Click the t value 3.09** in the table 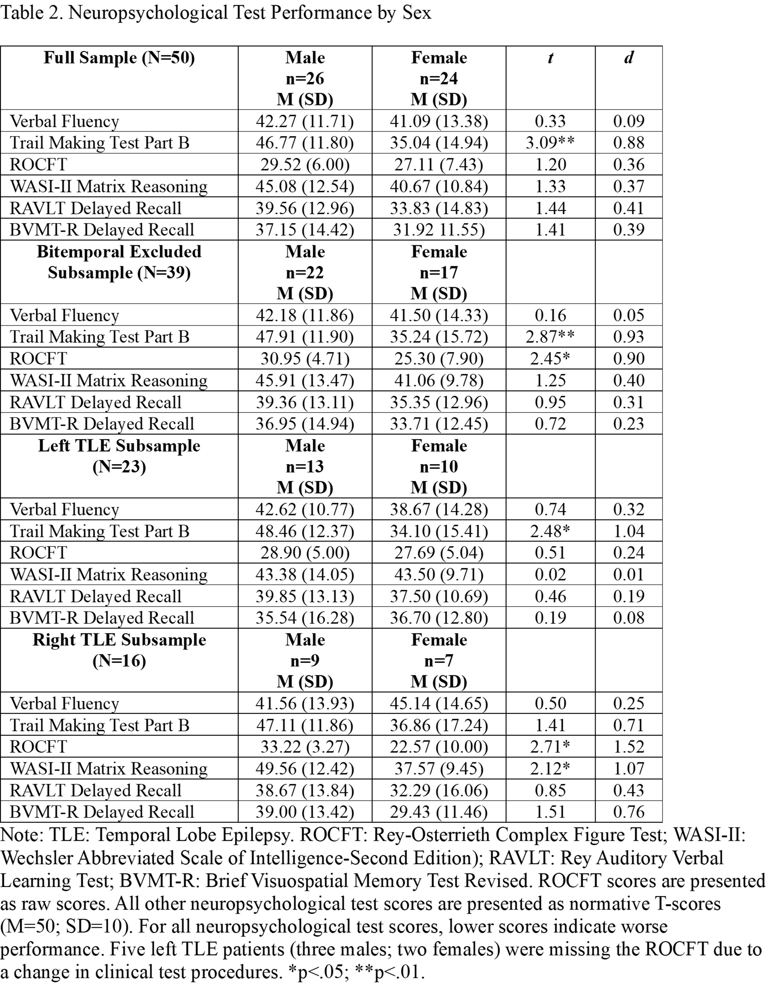550,143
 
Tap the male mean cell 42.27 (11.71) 305,121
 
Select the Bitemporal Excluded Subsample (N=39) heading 119,262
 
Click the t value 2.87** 550,337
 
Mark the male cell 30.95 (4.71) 305,359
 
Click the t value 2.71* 550,747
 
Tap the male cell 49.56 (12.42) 305,768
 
